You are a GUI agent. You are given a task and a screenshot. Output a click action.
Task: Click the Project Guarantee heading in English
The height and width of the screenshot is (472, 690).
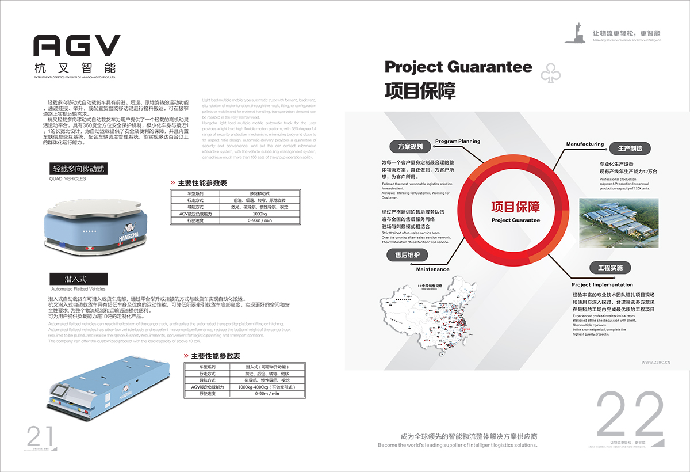pos(458,67)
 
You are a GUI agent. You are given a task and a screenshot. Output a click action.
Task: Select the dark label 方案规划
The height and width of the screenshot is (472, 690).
pos(410,146)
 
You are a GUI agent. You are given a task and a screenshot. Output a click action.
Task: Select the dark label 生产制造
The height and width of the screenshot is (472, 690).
pos(630,148)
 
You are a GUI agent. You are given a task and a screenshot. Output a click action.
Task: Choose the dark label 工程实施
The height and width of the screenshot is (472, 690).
pos(610,268)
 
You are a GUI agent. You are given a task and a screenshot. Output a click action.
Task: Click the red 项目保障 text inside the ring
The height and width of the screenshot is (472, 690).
pos(515,207)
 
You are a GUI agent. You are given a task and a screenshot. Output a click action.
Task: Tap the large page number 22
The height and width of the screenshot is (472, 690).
pos(630,416)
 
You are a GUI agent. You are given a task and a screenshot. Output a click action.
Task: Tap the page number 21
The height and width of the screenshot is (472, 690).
pos(40,436)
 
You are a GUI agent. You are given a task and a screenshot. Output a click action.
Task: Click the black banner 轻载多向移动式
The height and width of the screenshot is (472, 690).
pos(78,169)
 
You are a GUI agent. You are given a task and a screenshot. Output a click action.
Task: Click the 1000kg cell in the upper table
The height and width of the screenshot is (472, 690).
pos(260,214)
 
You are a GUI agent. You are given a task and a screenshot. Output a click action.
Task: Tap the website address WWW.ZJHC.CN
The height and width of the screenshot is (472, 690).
pos(656,363)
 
